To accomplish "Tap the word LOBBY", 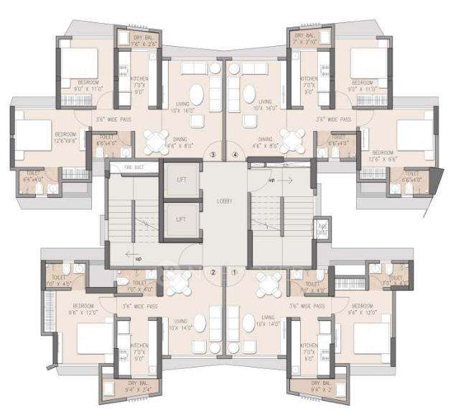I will pos(225,202).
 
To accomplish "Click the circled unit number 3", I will pos(212,154).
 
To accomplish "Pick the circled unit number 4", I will pos(234,154).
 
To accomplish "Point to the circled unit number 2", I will pos(212,272).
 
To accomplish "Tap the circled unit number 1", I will pos(234,272).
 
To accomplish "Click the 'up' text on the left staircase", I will pos(138,258).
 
